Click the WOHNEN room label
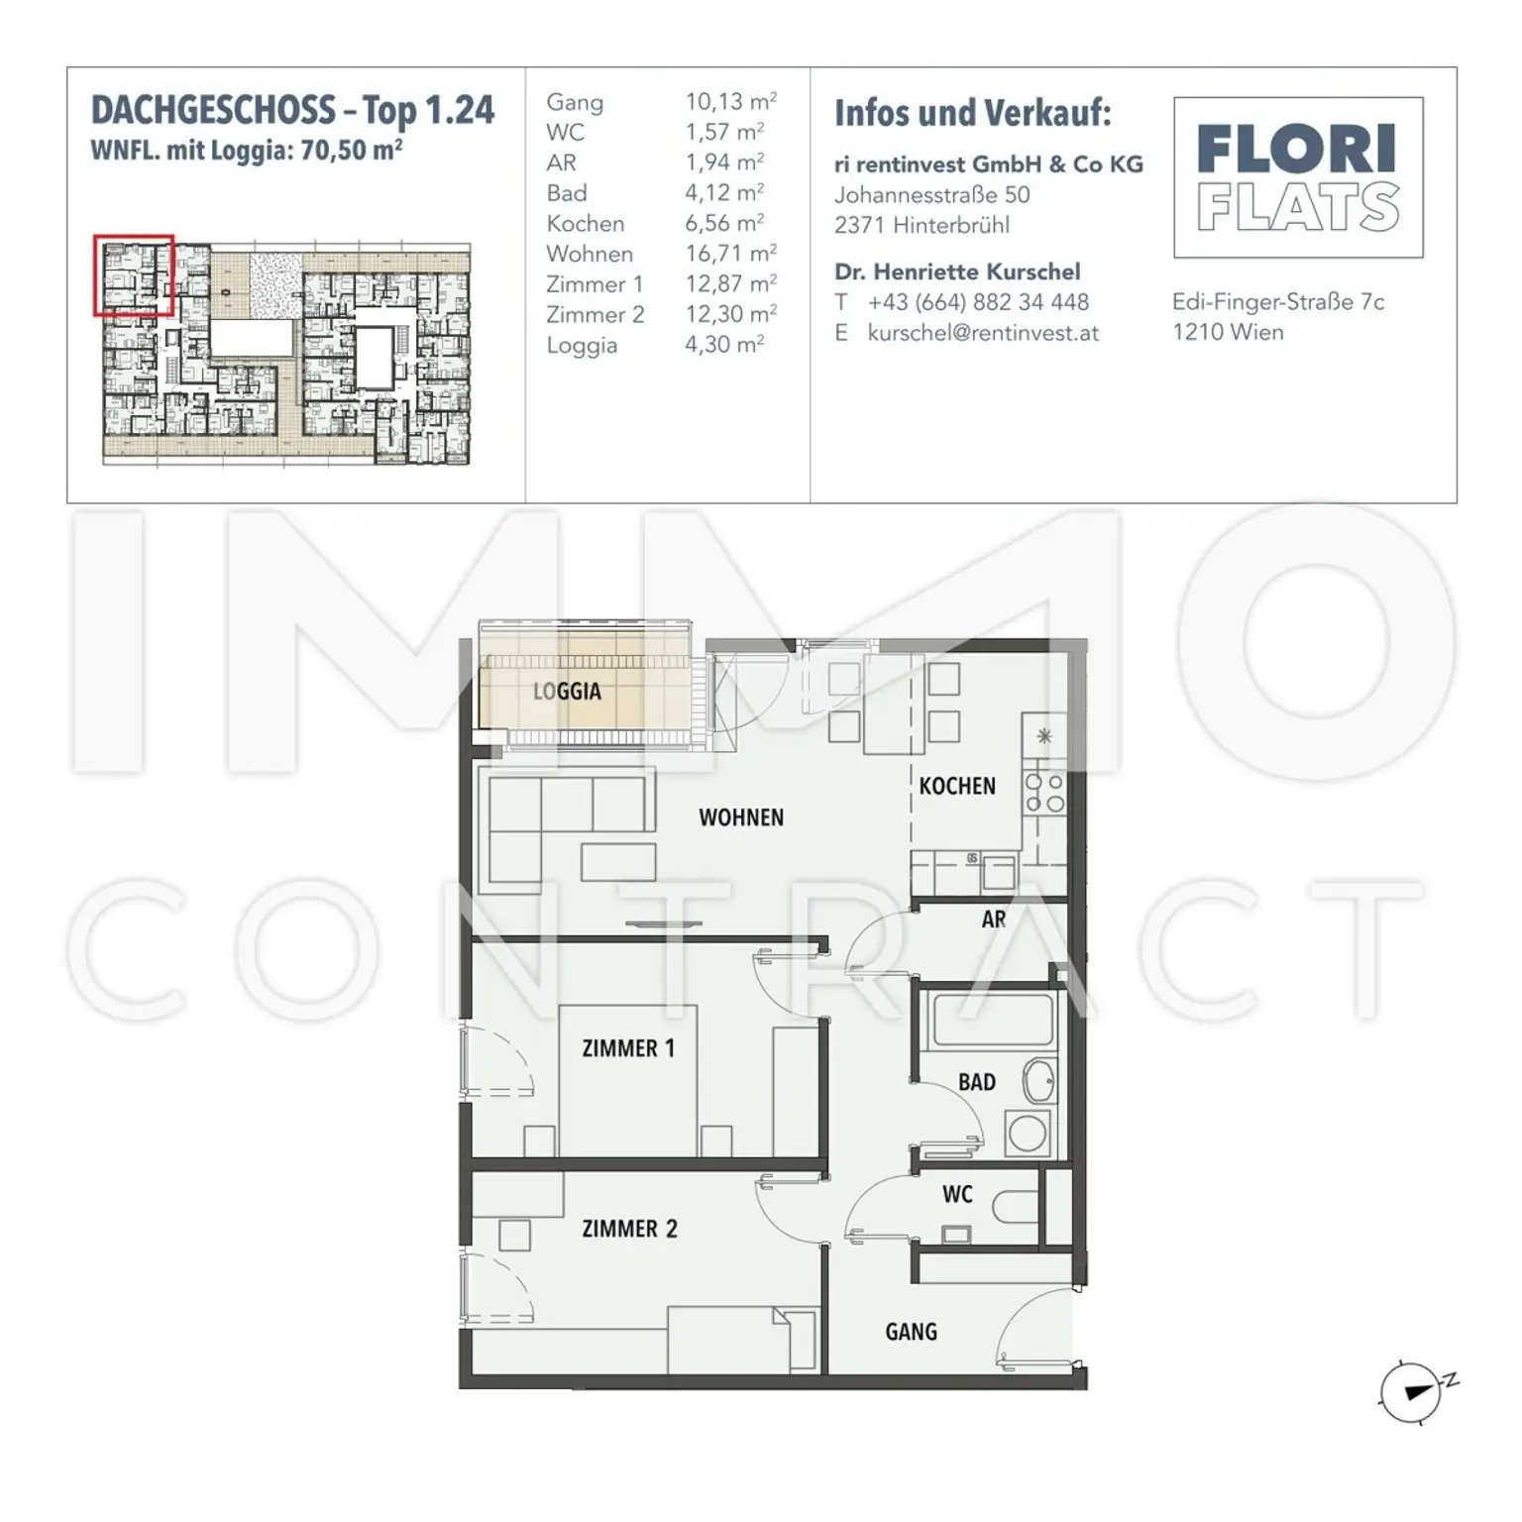click(x=741, y=817)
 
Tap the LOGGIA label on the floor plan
click(x=567, y=692)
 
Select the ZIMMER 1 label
click(x=628, y=1048)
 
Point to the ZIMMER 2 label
click(x=629, y=1229)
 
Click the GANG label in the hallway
click(x=912, y=1332)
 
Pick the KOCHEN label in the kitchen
click(x=957, y=787)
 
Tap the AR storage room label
click(x=994, y=920)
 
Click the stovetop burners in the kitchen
click(x=1044, y=793)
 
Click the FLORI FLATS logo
click(x=1298, y=177)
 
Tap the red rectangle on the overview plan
click(x=134, y=275)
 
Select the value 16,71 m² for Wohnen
click(x=731, y=254)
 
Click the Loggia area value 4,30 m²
click(x=725, y=345)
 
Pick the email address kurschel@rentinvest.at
click(x=983, y=333)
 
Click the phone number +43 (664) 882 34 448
click(x=978, y=302)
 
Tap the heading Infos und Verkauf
click(x=973, y=113)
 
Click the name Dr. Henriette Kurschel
click(x=957, y=272)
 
